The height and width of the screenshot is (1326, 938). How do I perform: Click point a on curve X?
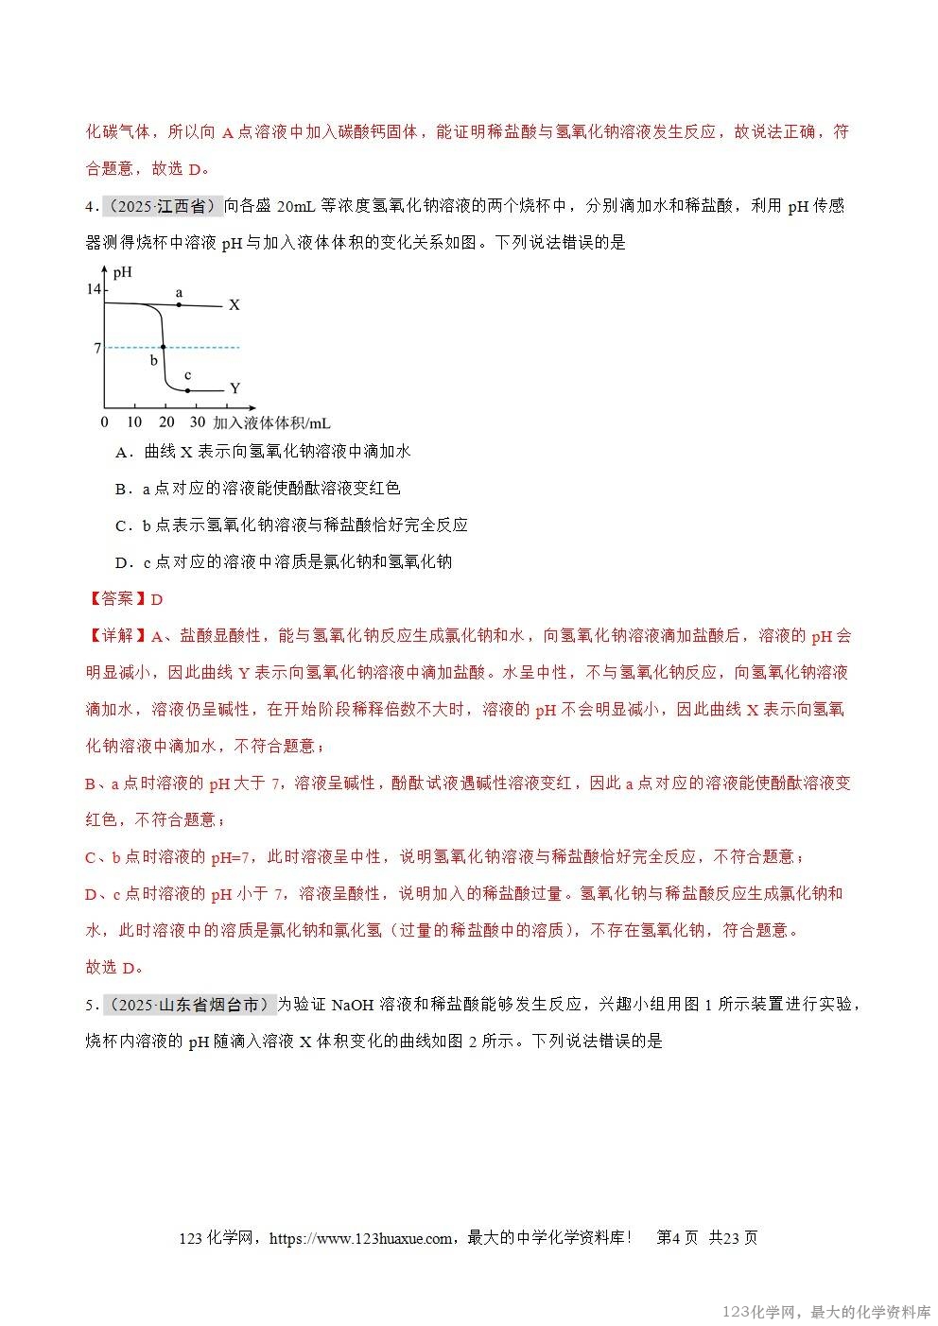point(179,304)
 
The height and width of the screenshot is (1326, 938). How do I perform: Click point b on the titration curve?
point(164,347)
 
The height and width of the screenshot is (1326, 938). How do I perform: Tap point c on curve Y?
point(187,389)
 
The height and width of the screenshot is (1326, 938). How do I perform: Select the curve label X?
point(234,305)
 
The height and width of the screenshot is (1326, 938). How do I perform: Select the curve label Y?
point(234,388)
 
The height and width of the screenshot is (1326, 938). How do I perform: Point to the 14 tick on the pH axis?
point(94,289)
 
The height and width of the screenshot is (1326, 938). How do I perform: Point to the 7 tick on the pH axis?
point(96,348)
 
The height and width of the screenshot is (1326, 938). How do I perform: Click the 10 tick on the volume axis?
point(134,422)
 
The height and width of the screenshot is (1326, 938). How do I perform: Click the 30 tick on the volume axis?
point(197,422)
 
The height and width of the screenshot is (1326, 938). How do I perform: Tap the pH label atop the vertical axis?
point(122,273)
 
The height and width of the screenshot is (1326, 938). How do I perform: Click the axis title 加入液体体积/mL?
point(271,422)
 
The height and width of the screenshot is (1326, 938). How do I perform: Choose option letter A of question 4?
point(121,452)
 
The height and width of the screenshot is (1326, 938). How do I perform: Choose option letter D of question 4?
point(121,562)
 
